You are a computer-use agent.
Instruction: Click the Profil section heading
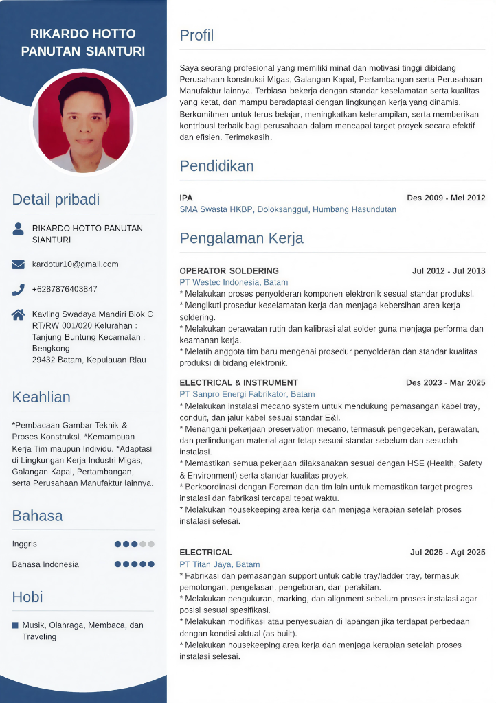[x=196, y=35]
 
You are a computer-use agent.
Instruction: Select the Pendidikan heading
[x=216, y=165]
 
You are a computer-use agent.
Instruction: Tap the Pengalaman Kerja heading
[x=241, y=238]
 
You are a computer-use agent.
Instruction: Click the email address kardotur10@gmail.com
[x=75, y=264]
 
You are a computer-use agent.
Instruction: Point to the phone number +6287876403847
[x=65, y=289]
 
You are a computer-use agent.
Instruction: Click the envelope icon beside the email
[x=19, y=264]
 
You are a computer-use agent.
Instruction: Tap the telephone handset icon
[x=19, y=290]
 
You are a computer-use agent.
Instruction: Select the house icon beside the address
[x=19, y=315]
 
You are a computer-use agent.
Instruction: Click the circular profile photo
[x=84, y=122]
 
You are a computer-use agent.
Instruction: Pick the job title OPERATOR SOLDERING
[x=229, y=270]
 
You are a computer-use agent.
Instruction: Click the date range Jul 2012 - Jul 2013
[x=449, y=270]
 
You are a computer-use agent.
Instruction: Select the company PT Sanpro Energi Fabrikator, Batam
[x=247, y=394]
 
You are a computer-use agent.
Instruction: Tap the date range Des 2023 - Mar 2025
[x=445, y=382]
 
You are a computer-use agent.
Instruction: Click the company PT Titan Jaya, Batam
[x=220, y=564]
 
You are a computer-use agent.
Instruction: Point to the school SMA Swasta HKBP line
[x=288, y=209]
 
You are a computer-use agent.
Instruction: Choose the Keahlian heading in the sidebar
[x=41, y=397]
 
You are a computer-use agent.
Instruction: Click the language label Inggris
[x=25, y=544]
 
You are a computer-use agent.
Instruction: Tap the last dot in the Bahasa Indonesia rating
[x=151, y=564]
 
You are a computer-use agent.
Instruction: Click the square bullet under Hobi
[x=15, y=625]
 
